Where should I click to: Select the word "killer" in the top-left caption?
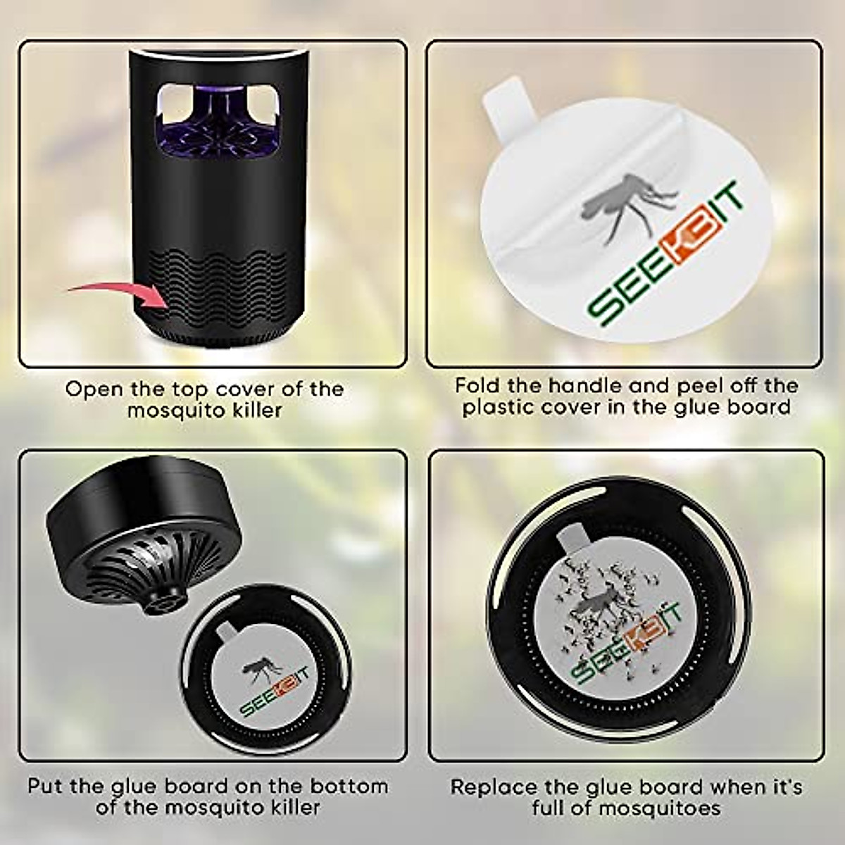point(256,410)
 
